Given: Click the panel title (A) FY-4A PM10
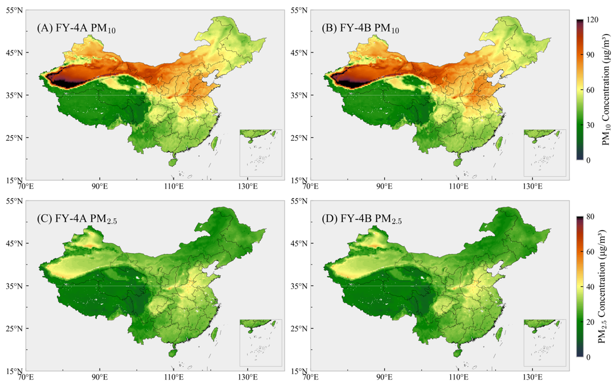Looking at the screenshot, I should click(x=76, y=28).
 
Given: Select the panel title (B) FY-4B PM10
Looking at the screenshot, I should click(x=360, y=28).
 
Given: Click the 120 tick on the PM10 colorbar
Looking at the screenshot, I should click(x=593, y=20).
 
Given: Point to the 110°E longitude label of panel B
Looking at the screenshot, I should click(x=458, y=186).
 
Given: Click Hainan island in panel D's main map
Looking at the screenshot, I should click(x=457, y=353).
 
